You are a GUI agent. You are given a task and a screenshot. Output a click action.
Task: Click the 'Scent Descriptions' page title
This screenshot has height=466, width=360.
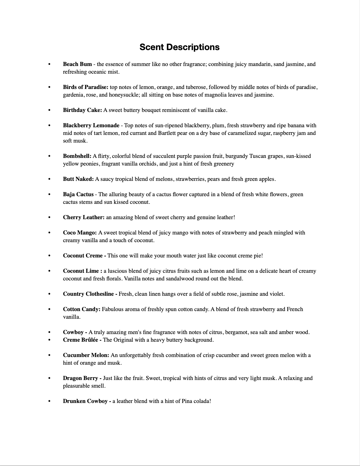179,47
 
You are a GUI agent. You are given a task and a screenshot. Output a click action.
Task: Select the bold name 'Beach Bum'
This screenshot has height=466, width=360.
77,64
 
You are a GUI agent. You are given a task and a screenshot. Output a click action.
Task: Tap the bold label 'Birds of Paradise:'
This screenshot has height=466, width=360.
85,87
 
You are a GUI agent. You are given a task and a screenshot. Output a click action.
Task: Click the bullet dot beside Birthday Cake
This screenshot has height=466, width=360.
49,110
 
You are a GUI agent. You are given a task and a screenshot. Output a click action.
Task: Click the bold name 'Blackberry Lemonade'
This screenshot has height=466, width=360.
91,125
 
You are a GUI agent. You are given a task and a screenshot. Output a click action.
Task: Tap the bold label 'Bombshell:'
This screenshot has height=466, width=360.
77,156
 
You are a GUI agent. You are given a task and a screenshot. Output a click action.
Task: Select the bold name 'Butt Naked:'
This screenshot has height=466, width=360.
78,179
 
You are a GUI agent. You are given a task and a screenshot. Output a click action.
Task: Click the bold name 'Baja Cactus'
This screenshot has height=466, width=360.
78,194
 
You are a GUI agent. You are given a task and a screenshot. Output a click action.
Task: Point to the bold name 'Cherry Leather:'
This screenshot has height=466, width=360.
84,217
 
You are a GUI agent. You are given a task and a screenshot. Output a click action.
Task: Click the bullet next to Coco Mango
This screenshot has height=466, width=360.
49,233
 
